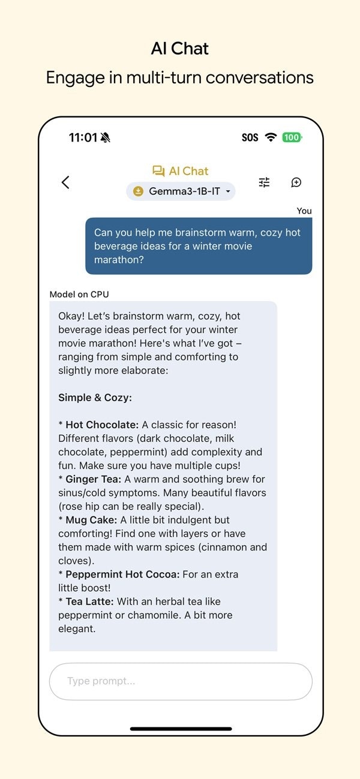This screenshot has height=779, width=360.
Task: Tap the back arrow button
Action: click(x=65, y=182)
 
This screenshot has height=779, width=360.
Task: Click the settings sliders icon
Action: click(x=264, y=182)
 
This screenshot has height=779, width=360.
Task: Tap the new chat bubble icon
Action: click(x=296, y=182)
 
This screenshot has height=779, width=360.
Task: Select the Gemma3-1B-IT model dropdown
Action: click(x=181, y=191)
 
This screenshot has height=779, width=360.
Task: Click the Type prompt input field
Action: click(x=181, y=681)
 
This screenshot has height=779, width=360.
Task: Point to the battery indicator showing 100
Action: click(x=292, y=137)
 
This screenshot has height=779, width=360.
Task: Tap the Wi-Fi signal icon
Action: click(x=271, y=137)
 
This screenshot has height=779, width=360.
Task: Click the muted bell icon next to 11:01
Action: click(x=106, y=138)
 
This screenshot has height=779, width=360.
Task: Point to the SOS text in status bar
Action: click(x=250, y=137)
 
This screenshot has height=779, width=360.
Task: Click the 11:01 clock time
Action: click(x=83, y=137)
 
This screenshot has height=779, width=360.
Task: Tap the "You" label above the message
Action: click(x=304, y=210)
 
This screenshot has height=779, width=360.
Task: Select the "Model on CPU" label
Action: click(x=79, y=294)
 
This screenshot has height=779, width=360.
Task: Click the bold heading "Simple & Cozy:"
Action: click(x=95, y=398)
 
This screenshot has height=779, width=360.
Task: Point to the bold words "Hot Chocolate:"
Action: click(x=102, y=425)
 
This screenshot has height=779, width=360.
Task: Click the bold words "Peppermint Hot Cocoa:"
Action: click(x=122, y=574)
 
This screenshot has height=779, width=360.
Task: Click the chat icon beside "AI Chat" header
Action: click(x=158, y=172)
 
